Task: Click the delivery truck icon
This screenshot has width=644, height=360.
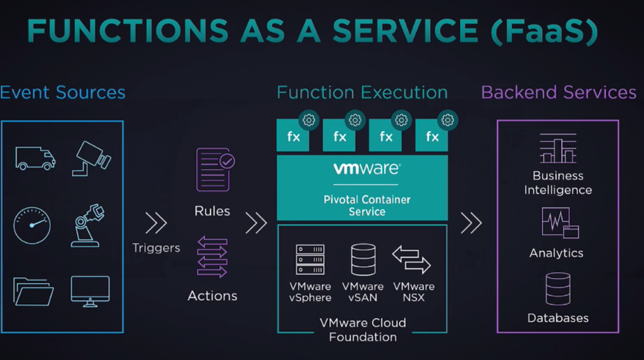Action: click(35, 158)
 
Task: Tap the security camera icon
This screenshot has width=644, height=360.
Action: click(91, 158)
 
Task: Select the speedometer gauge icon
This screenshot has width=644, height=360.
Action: click(32, 225)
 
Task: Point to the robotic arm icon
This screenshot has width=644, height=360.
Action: click(87, 225)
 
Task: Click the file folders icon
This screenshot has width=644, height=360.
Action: click(33, 292)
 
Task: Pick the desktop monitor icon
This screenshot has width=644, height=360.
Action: click(90, 291)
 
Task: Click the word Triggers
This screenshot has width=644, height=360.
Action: click(156, 248)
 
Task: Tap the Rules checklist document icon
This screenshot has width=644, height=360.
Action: click(215, 169)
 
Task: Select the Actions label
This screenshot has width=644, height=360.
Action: click(212, 296)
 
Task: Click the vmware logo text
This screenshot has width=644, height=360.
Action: click(366, 169)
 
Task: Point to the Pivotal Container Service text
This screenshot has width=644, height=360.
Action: click(367, 205)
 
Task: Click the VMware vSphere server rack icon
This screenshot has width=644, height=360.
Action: click(310, 259)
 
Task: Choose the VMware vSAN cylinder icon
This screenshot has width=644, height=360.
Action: click(363, 259)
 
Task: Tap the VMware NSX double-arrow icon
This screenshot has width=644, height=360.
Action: click(411, 259)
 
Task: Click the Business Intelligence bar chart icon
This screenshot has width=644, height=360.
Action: click(558, 148)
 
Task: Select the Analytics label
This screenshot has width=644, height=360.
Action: click(556, 253)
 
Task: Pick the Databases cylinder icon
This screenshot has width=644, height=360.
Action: click(558, 289)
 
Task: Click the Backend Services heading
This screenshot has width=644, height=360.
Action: click(559, 92)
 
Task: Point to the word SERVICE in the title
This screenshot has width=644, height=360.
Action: click(405, 31)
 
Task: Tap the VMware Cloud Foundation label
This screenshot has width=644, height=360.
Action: click(363, 329)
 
